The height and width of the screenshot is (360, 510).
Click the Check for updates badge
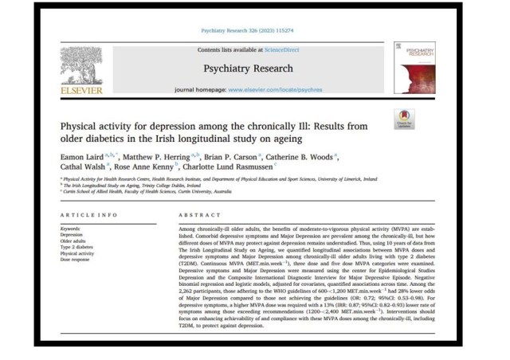point(403,120)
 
